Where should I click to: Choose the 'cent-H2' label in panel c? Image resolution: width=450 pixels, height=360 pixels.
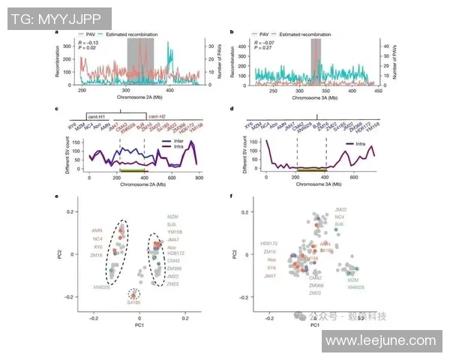coord(156,118)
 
